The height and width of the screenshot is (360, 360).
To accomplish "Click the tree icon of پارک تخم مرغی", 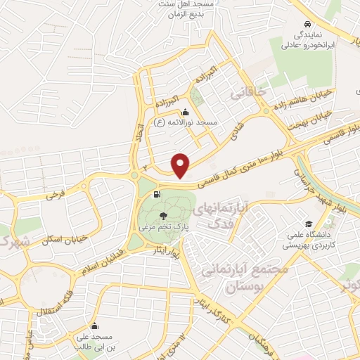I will tap(164, 216).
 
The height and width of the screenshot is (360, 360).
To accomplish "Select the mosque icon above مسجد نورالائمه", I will tap(185, 112).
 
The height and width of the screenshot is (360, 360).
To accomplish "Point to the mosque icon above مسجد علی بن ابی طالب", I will tap(94, 326).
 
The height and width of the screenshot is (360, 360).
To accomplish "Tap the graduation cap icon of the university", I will tap(290, 218).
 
